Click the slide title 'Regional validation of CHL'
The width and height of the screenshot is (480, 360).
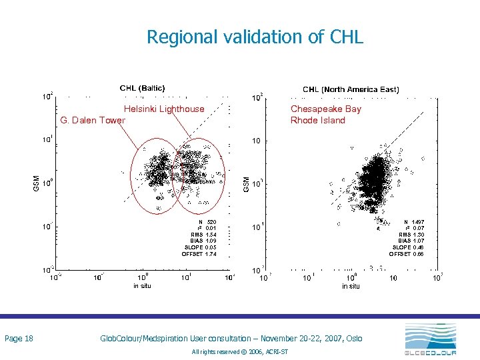(255, 37)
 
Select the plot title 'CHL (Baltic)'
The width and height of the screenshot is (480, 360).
(142, 88)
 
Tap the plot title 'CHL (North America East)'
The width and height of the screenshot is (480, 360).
(351, 89)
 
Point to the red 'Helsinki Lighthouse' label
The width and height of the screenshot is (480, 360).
(164, 109)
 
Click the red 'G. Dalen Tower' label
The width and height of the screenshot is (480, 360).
(93, 120)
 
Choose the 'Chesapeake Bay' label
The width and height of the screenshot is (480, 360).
(325, 109)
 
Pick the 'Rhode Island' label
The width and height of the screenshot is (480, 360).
(317, 120)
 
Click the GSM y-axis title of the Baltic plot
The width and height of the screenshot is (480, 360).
(36, 182)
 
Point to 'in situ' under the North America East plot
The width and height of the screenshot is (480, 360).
(351, 286)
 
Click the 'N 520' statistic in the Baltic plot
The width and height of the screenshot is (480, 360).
(207, 221)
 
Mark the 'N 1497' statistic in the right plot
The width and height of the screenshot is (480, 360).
(413, 221)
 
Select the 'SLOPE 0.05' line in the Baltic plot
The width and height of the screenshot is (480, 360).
(200, 247)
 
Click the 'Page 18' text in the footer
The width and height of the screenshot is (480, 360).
(19, 339)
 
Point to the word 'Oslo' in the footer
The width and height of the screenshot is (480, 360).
(353, 339)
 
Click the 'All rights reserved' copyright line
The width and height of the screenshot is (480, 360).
(239, 351)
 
